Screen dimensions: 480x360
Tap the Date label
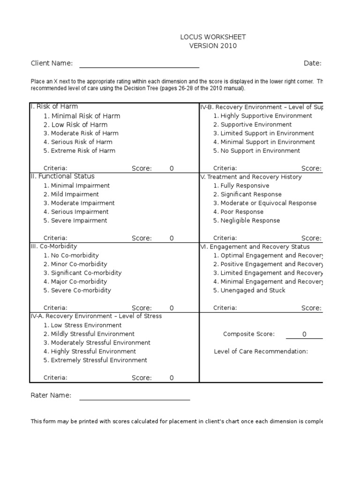click(312, 63)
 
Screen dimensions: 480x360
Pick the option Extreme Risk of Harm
click(79, 150)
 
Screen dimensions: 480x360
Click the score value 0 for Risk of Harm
click(172, 168)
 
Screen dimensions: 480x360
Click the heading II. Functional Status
click(63, 176)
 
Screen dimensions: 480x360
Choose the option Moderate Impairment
click(79, 203)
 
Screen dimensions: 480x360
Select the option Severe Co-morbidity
click(77, 290)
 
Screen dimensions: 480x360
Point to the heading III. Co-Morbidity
click(54, 246)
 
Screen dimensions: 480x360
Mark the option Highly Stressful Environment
click(90, 351)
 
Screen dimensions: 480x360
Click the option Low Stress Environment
click(82, 325)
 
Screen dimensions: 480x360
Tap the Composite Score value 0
click(304, 334)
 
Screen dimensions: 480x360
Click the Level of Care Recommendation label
click(261, 351)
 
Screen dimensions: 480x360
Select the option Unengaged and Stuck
click(249, 290)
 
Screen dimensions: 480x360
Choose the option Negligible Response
click(247, 220)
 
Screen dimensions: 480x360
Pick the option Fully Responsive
click(241, 186)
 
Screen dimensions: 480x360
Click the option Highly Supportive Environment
click(262, 116)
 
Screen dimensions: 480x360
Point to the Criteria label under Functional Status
click(55, 238)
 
